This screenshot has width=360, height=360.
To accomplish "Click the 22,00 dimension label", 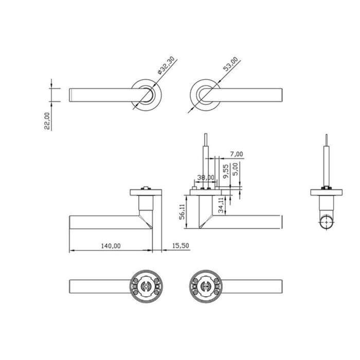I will [47, 121].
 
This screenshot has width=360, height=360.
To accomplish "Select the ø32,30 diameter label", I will [167, 67].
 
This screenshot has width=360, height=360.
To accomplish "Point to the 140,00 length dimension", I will [111, 246].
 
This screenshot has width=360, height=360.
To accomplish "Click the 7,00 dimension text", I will [237, 154].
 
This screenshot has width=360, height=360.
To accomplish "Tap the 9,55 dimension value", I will [227, 170].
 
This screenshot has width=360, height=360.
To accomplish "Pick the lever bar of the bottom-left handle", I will [98, 284].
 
